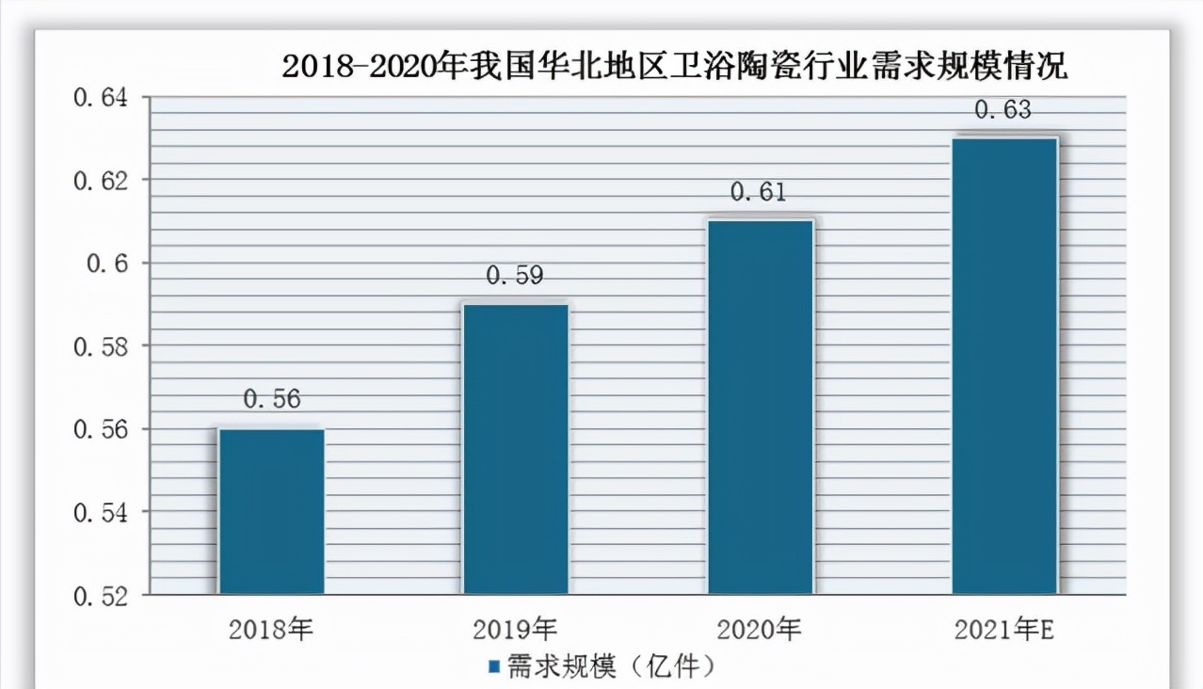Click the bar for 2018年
point(271,511)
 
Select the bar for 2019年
point(516,449)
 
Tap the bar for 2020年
point(761,407)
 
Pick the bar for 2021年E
point(1004,365)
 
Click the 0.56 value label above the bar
point(272,399)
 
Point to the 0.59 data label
point(516,276)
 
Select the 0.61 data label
point(760,192)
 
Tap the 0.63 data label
point(1003,110)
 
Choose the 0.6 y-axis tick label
point(111,264)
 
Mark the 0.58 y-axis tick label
point(104,346)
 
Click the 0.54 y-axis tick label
point(104,512)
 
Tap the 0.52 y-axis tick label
point(104,596)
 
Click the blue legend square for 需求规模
point(494,667)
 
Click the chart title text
point(675,68)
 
